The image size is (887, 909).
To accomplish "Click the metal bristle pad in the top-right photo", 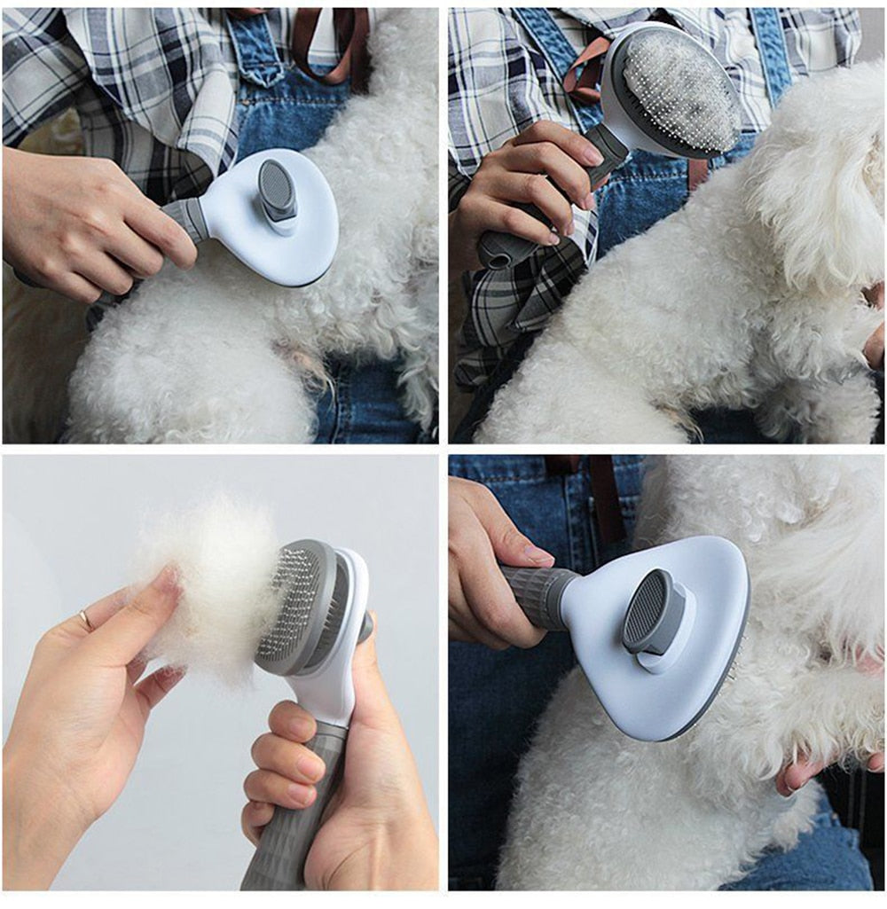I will [x=679, y=89].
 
